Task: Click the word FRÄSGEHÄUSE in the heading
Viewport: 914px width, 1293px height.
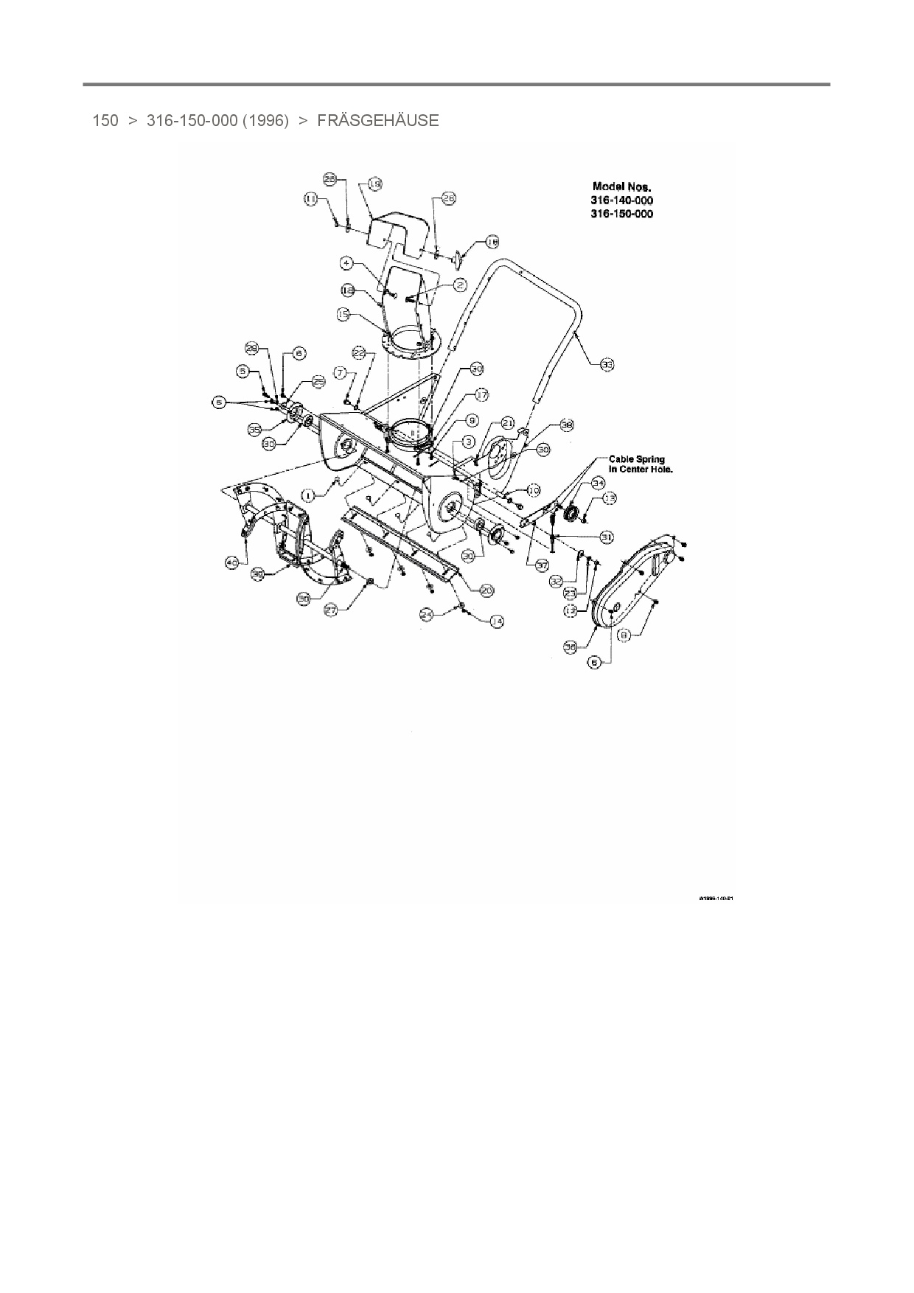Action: [x=377, y=121]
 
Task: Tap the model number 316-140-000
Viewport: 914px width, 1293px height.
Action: [x=623, y=201]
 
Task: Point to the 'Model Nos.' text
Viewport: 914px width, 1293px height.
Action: [x=622, y=187]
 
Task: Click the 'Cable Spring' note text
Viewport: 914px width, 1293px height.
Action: [x=637, y=460]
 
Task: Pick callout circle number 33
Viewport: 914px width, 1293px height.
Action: [x=607, y=364]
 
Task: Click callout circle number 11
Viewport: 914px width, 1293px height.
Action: [x=310, y=199]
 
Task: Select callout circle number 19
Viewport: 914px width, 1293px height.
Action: [x=374, y=184]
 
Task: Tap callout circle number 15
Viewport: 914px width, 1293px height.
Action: [x=343, y=314]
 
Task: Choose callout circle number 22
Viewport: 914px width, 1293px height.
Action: [x=359, y=354]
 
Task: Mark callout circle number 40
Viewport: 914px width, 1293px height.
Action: [x=232, y=562]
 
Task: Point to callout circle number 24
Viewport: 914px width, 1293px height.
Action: [x=426, y=613]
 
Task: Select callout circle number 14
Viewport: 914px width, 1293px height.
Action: [x=497, y=621]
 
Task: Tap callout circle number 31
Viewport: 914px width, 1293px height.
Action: [x=607, y=537]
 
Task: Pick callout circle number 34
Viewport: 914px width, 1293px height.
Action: [x=598, y=483]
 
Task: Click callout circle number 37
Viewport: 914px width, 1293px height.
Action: [x=543, y=565]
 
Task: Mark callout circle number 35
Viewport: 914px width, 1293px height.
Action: [x=254, y=428]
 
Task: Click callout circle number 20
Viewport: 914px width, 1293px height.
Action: [x=486, y=590]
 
